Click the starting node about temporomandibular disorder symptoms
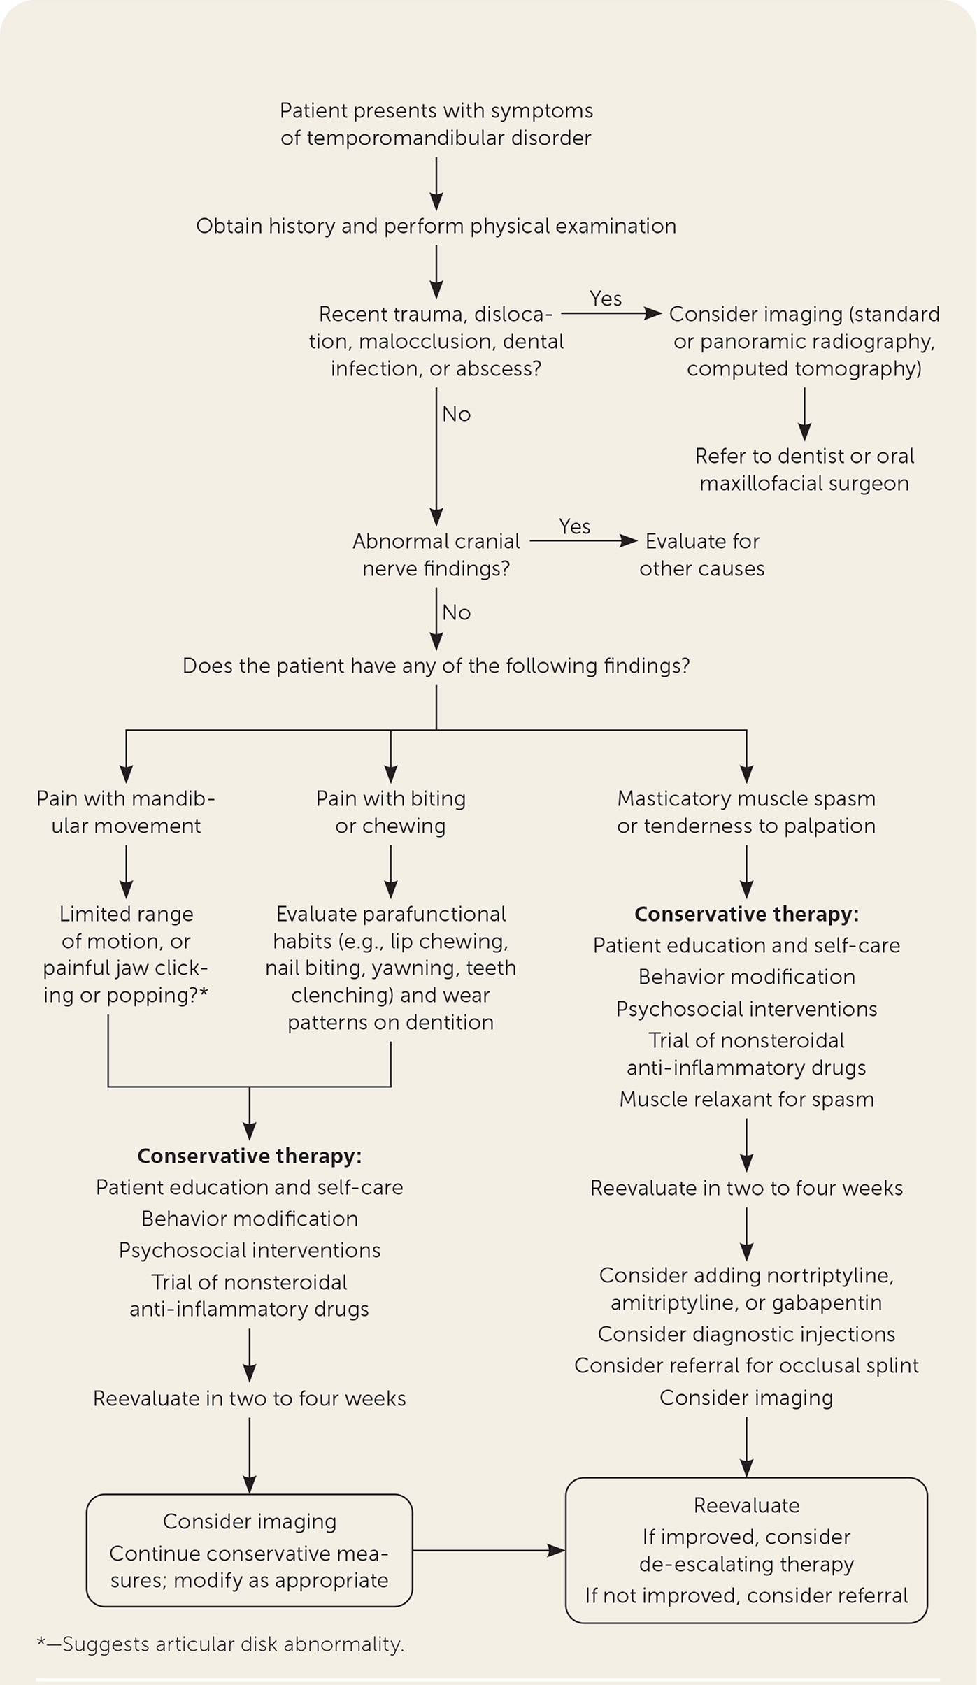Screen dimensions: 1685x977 [x=436, y=124]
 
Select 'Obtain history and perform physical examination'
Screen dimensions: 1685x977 [x=436, y=227]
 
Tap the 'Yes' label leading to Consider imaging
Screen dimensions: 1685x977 [x=606, y=299]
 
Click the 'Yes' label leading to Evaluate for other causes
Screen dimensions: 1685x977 [x=575, y=526]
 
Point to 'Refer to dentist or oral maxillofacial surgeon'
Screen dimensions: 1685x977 [x=804, y=470]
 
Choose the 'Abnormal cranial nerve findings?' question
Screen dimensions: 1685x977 [x=436, y=555]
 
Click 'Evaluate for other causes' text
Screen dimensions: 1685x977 [x=701, y=555]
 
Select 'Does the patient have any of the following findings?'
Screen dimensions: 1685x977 [x=436, y=666]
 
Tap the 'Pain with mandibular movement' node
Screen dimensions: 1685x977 [x=126, y=812]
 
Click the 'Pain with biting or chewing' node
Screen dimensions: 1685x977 [x=390, y=812]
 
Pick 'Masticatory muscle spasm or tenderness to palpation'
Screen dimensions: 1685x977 [x=746, y=812]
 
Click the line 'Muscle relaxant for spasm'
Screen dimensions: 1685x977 [x=746, y=1099]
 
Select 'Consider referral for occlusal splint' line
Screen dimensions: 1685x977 [x=746, y=1365]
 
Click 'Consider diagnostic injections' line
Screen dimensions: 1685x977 [x=746, y=1334]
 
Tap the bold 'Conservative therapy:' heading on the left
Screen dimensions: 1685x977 [x=250, y=1156]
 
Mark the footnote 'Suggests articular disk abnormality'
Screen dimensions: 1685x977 [x=220, y=1644]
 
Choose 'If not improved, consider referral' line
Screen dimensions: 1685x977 [x=746, y=1596]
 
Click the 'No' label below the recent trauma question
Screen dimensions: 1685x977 [x=457, y=415]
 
